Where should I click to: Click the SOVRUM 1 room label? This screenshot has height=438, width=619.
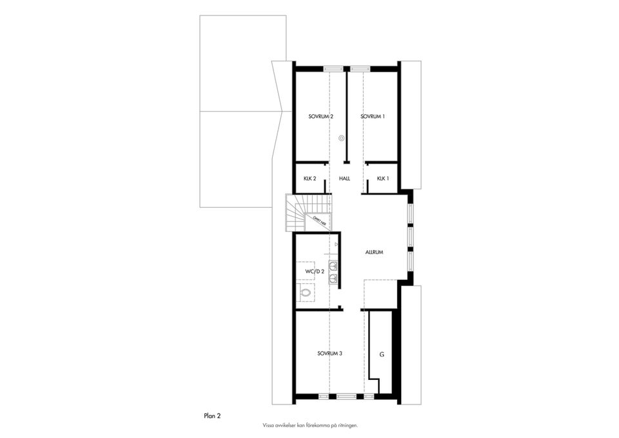click(373, 117)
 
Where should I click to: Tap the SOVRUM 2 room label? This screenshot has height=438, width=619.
click(320, 117)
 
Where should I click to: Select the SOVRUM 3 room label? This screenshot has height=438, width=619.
click(329, 353)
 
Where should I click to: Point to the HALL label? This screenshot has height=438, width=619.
click(344, 178)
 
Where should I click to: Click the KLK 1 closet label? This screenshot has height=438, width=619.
click(383, 178)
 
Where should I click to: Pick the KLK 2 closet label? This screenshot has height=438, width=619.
click(309, 178)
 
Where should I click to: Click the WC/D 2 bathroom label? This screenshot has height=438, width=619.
click(314, 272)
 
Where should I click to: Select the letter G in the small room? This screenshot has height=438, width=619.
click(382, 355)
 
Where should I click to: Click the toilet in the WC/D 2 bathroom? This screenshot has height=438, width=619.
click(306, 293)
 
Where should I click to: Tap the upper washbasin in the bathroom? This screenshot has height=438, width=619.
click(333, 265)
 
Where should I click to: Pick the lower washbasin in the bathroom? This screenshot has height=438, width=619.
click(333, 279)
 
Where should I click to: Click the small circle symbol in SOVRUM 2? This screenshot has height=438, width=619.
click(342, 137)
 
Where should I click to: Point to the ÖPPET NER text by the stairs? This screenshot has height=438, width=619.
click(319, 221)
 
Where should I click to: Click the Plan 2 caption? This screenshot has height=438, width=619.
click(212, 417)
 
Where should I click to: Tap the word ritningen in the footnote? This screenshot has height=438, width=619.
click(346, 426)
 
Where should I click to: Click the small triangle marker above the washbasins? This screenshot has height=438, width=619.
click(337, 244)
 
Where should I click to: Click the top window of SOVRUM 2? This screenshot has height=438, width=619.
click(333, 68)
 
